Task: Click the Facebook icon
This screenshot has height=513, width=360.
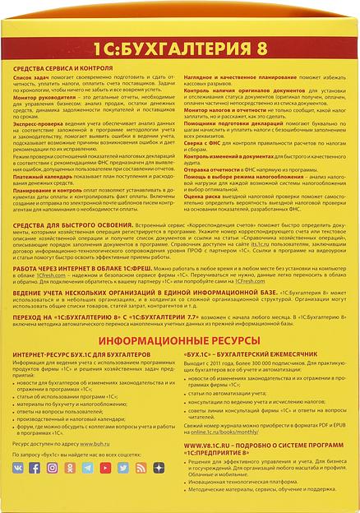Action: tap(35, 467)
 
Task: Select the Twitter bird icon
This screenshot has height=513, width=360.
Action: tap(122, 467)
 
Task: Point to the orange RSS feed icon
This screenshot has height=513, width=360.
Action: tap(141, 467)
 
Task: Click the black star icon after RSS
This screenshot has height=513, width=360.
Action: tap(158, 467)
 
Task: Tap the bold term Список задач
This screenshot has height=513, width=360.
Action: tap(33, 81)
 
